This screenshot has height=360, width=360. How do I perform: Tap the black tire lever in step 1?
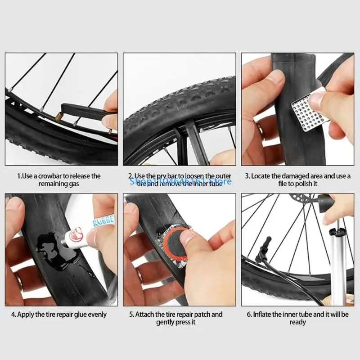coord(81,110)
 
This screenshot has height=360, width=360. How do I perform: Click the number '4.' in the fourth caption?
coord(13,314)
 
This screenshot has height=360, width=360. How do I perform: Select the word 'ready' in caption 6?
coord(297,322)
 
